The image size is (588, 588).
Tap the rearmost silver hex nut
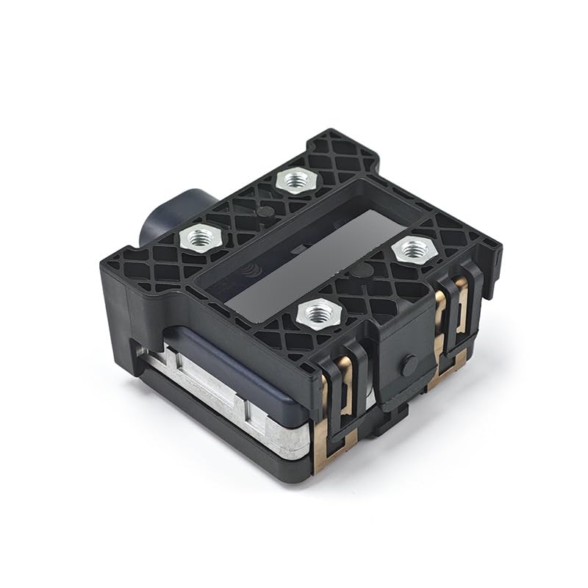pyautogui.click(x=295, y=179)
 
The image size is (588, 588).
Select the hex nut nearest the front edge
pyautogui.click(x=319, y=315)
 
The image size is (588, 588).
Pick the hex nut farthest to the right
pyautogui.click(x=415, y=250)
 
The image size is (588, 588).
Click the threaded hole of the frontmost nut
pyautogui.click(x=319, y=315)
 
